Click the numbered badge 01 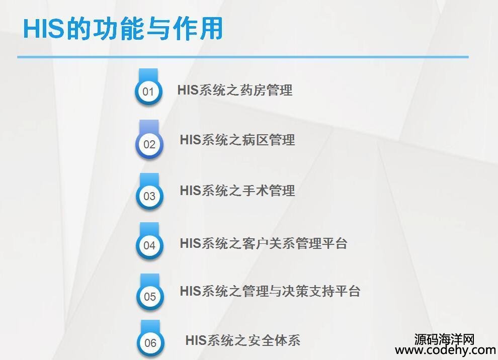tap(148, 91)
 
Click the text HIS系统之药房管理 tap(235, 90)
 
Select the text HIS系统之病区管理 tap(237, 140)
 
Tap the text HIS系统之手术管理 tap(237, 191)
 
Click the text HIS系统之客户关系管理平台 tap(264, 243)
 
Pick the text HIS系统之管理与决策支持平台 tap(270, 291)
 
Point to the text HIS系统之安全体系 tap(243, 340)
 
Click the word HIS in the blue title tap(43, 29)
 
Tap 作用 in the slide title tap(198, 29)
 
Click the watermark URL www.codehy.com tap(446, 350)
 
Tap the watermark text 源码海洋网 tap(444, 339)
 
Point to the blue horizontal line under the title tap(243, 57)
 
